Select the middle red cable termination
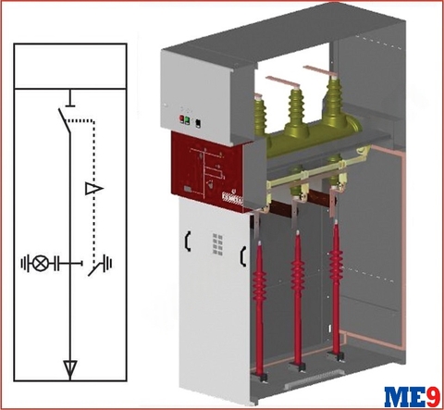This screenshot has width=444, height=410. point(298,272)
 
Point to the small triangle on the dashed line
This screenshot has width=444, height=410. point(89,189)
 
